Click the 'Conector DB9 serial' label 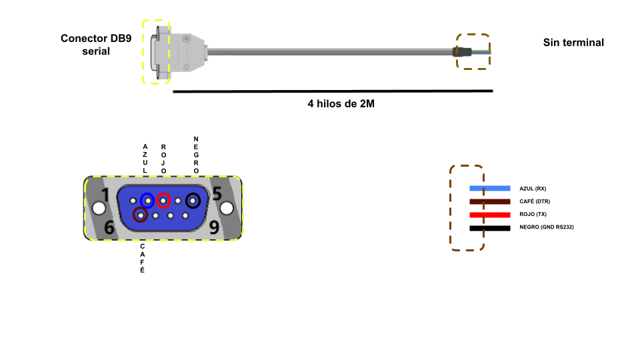(x=96, y=44)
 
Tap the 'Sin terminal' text (x=573, y=43)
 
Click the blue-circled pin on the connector (x=147, y=200)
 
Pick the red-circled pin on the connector (x=163, y=200)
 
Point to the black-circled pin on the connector (x=194, y=200)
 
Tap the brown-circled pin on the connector (x=140, y=215)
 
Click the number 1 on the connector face (x=105, y=195)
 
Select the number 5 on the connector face (x=217, y=193)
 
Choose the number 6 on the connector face (x=110, y=229)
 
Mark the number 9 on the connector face (x=214, y=228)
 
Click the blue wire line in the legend (x=489, y=189)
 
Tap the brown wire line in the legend (x=489, y=201)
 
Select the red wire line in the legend (x=489, y=215)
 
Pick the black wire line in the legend (x=489, y=228)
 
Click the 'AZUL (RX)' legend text (x=533, y=189)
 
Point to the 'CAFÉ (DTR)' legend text (x=535, y=201)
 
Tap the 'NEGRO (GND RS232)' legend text (x=547, y=228)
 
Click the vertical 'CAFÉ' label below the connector (x=142, y=259)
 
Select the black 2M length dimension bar (x=333, y=91)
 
